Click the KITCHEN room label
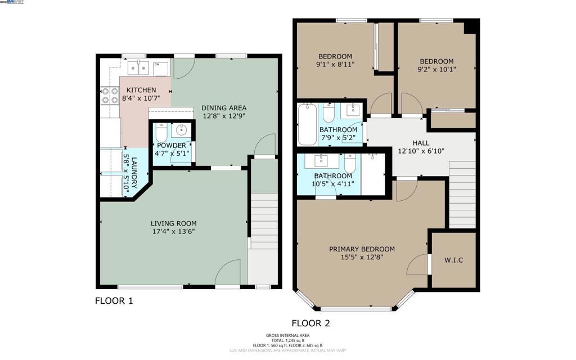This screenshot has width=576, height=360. click(141, 90)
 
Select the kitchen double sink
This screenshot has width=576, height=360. click(138, 68)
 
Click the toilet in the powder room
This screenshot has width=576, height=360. click(160, 133)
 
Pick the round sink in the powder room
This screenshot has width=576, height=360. click(182, 130)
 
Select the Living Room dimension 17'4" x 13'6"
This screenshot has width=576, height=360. click(173, 231)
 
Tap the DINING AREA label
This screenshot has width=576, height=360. click(224, 108)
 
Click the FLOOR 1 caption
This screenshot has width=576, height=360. click(114, 301)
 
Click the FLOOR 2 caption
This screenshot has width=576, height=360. click(310, 323)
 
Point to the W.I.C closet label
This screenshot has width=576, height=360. click(453, 260)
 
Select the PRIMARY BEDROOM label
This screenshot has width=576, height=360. click(362, 249)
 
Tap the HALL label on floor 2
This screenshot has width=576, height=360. click(421, 143)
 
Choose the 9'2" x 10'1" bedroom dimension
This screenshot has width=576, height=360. click(437, 70)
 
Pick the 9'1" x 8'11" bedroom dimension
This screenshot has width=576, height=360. click(335, 64)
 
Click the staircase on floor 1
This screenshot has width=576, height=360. click(264, 222)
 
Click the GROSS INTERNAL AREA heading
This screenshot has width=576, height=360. click(287, 335)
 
